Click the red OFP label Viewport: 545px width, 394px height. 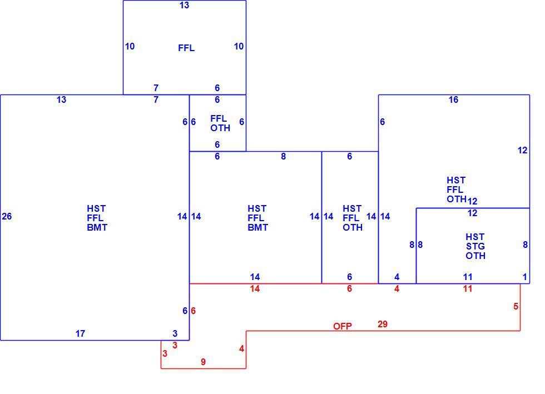pyautogui.click(x=343, y=326)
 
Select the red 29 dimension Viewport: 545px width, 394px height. pyautogui.click(x=383, y=324)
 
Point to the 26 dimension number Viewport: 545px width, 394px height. pyautogui.click(x=7, y=217)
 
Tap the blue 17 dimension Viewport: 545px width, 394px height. pyautogui.click(x=80, y=333)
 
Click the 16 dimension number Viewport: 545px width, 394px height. pyautogui.click(x=453, y=99)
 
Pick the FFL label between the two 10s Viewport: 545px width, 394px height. pyautogui.click(x=186, y=48)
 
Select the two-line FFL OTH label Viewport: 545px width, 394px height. pyautogui.click(x=220, y=123)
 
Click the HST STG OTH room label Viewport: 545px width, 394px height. pyautogui.click(x=475, y=246)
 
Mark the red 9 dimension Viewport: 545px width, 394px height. pyautogui.click(x=204, y=362)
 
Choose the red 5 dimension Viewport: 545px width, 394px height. pyautogui.click(x=516, y=306)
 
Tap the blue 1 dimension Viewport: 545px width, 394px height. pyautogui.click(x=525, y=277)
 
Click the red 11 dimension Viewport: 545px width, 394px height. pyautogui.click(x=468, y=288)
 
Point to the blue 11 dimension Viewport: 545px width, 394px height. pyautogui.click(x=468, y=277)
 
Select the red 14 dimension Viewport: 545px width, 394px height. pyautogui.click(x=255, y=288)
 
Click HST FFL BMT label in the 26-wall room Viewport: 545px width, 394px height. pyautogui.click(x=97, y=218)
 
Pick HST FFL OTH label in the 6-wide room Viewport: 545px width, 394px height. pyautogui.click(x=353, y=218)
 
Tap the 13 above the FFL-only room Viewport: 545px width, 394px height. pyautogui.click(x=184, y=5)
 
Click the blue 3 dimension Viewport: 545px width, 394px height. pyautogui.click(x=175, y=333)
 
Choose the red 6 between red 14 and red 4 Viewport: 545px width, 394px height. pyautogui.click(x=349, y=288)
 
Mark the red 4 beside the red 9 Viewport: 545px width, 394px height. pyautogui.click(x=241, y=348)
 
